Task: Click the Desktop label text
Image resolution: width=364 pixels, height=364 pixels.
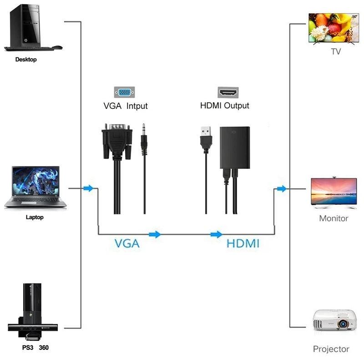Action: [26, 60]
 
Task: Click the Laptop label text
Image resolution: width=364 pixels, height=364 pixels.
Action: [35, 217]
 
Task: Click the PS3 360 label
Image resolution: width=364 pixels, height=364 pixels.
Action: [35, 348]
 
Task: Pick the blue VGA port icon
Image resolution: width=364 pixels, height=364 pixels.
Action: [124, 92]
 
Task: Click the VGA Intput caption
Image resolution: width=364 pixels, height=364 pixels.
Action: [126, 106]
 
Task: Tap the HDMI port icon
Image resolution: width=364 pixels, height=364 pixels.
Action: [228, 92]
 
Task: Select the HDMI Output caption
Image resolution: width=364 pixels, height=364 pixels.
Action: [225, 106]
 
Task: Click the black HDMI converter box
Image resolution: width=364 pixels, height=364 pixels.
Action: [234, 146]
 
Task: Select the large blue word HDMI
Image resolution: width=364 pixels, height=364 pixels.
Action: [243, 243]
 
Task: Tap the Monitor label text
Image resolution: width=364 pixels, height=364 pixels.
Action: [334, 218]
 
